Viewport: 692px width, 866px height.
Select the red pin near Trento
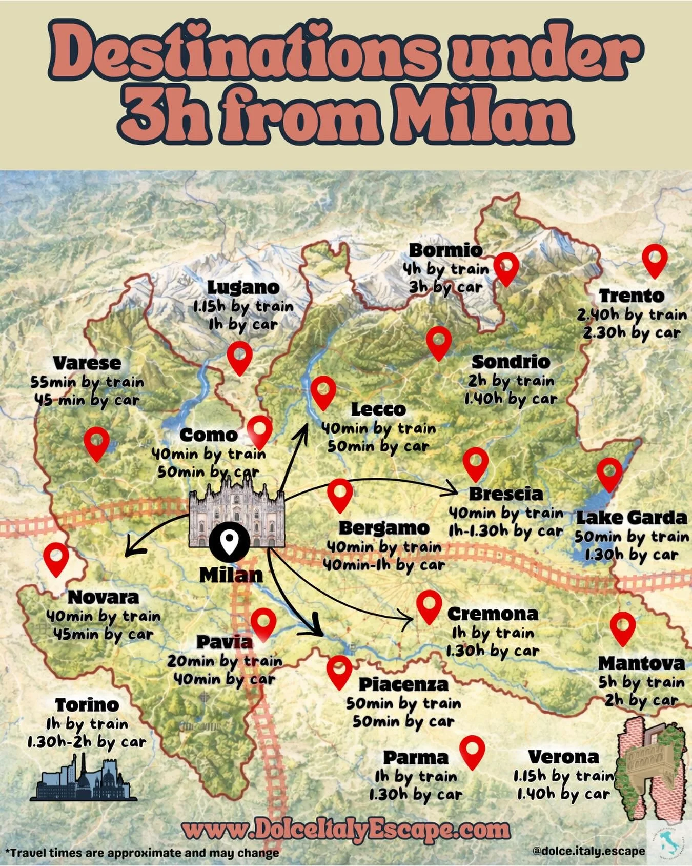pyautogui.click(x=655, y=259)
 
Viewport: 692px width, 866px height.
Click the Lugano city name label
pyautogui.click(x=243, y=287)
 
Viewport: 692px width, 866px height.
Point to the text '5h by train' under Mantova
pyautogui.click(x=641, y=682)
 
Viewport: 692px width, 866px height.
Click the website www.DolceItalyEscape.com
pyautogui.click(x=346, y=830)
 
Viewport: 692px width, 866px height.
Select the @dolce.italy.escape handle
pyautogui.click(x=588, y=851)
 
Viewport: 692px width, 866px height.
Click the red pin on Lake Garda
pyautogui.click(x=609, y=473)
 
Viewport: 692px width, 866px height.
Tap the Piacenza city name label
pyautogui.click(x=403, y=684)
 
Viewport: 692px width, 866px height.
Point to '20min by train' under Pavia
pyautogui.click(x=225, y=661)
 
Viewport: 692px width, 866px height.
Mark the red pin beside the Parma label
pyautogui.click(x=472, y=750)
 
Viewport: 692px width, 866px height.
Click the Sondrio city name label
pyautogui.click(x=511, y=362)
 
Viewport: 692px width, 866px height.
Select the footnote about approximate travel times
pyautogui.click(x=142, y=853)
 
